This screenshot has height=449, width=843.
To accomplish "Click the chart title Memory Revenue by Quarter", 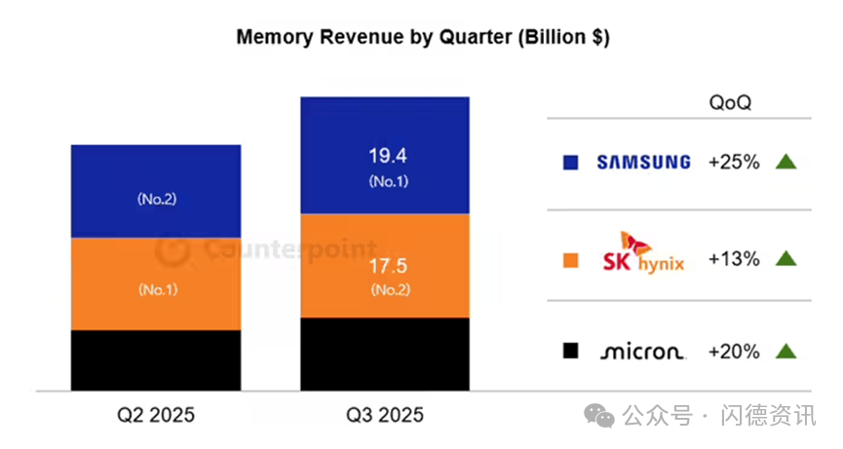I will pyautogui.click(x=423, y=38).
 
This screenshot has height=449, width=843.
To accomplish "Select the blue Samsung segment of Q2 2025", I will pyautogui.click(x=156, y=191).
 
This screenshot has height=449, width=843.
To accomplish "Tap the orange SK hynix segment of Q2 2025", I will pyautogui.click(x=156, y=283).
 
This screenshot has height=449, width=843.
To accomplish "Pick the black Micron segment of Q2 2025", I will pyautogui.click(x=156, y=359).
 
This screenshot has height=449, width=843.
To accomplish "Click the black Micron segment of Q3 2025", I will pyautogui.click(x=385, y=354).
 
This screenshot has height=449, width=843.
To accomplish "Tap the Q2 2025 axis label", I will pyautogui.click(x=156, y=415).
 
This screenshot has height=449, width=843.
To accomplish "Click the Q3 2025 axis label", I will pyautogui.click(x=385, y=415).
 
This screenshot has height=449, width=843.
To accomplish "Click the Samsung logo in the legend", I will pyautogui.click(x=643, y=162).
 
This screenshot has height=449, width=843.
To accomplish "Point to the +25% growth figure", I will pyautogui.click(x=734, y=162).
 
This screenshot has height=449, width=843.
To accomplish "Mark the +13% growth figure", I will pyautogui.click(x=734, y=259).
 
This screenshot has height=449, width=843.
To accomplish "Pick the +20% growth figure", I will pyautogui.click(x=734, y=352).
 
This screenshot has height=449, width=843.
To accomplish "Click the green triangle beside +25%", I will pyautogui.click(x=786, y=162).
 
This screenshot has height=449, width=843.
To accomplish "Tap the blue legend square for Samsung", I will pyautogui.click(x=571, y=163).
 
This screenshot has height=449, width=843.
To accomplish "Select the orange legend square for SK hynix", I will pyautogui.click(x=571, y=260).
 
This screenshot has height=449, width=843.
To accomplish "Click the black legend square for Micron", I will pyautogui.click(x=571, y=352).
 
